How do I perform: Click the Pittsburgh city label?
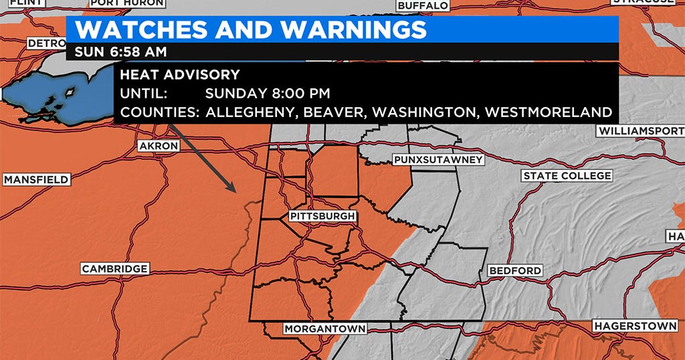(322, 216)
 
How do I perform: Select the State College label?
(567, 175)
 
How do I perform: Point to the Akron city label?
(159, 146)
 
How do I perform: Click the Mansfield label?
(36, 179)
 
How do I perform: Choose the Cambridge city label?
(114, 268)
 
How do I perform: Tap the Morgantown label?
(324, 329)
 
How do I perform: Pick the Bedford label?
(515, 270)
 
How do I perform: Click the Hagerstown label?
(635, 326)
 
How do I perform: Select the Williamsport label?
(641, 130)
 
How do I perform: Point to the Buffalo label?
(423, 5)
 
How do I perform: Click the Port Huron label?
(127, 3)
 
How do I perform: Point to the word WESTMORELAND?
(549, 112)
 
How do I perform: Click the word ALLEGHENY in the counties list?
(252, 112)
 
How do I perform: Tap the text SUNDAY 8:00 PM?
(268, 93)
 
